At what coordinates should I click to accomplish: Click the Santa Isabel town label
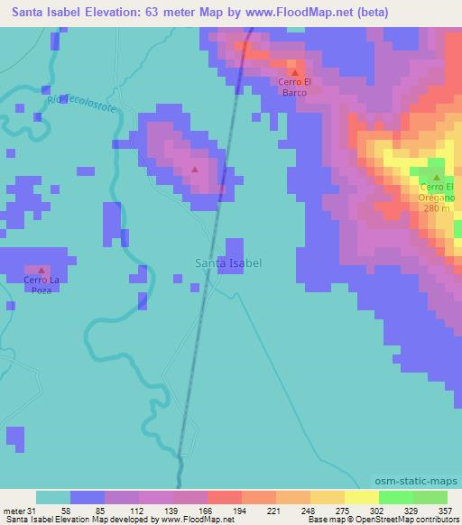[229, 262]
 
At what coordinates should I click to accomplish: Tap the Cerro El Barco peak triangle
[294, 72]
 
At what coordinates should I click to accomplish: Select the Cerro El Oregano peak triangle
[437, 178]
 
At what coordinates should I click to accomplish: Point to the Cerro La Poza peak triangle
[41, 270]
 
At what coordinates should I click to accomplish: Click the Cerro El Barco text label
[294, 87]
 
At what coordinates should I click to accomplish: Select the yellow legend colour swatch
[362, 497]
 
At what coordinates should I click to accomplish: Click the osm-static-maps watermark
[420, 482]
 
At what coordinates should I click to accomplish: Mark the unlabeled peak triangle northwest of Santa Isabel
[195, 169]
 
